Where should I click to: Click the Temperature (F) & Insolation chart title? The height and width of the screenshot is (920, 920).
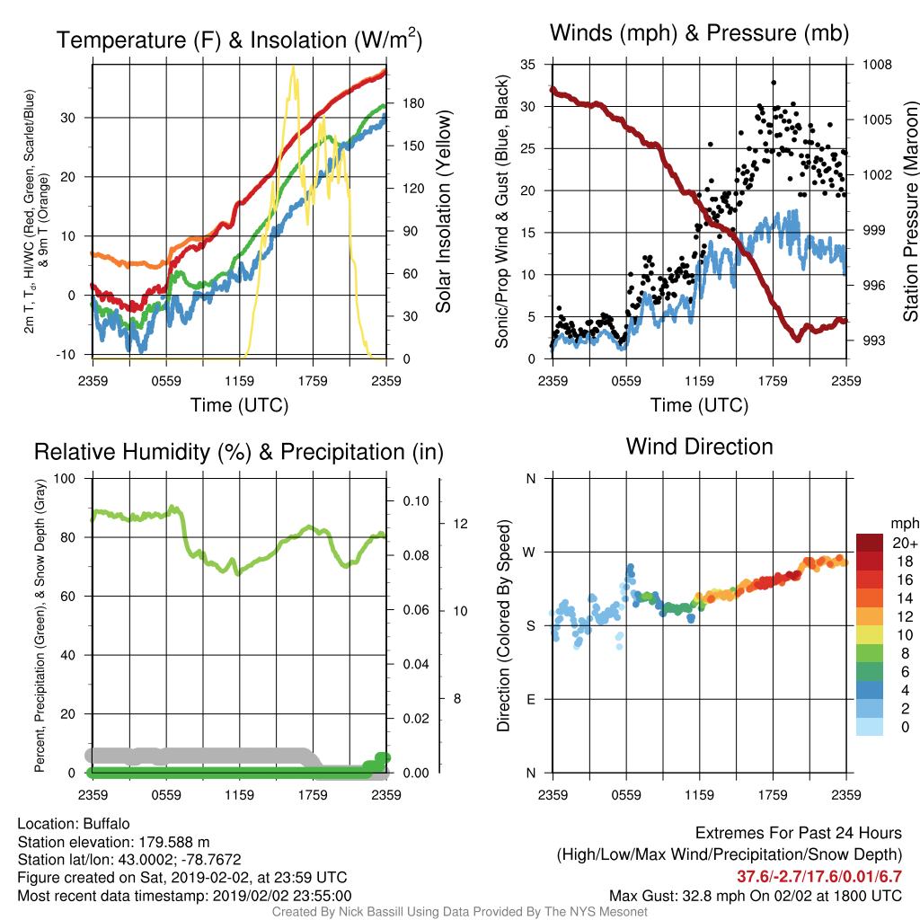pos(239,40)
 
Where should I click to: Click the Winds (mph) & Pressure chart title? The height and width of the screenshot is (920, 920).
pos(699,33)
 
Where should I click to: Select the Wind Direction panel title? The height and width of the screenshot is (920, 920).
pos(699,447)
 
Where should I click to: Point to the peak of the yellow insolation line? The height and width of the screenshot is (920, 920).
pos(293,67)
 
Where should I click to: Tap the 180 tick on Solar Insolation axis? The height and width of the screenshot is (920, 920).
pos(413,103)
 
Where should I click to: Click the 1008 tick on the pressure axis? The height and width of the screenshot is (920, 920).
pos(877,65)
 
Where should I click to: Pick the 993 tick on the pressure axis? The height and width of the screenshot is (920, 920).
pos(873,341)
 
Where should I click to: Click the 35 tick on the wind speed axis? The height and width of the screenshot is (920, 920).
pos(527,65)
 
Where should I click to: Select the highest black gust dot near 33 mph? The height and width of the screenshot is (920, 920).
pos(774,83)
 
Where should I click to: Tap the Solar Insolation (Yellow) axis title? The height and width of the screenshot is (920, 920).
pos(444,211)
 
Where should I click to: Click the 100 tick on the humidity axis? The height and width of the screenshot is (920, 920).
pos(65,478)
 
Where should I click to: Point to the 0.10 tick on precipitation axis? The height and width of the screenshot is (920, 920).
pos(415,501)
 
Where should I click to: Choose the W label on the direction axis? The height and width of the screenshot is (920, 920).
pos(529,553)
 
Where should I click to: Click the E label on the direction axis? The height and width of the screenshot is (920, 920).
pos(531,699)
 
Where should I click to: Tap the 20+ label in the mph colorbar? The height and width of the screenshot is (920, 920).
pos(905,543)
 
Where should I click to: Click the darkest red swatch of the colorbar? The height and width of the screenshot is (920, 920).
pos(870,543)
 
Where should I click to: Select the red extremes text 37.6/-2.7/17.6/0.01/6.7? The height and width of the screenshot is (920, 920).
pos(819,877)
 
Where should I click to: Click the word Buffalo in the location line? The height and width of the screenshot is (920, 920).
pos(106,824)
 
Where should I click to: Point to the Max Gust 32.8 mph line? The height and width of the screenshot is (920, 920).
pos(755,896)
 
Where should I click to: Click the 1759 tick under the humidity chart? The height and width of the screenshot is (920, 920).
pos(313,795)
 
